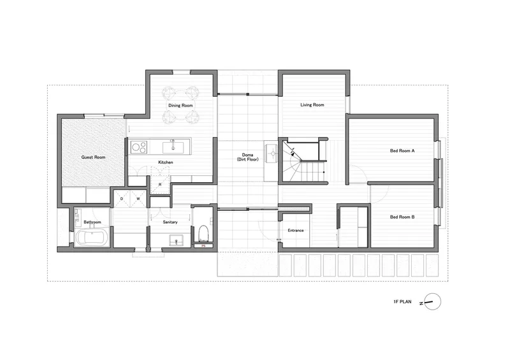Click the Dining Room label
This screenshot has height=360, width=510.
coord(180,105)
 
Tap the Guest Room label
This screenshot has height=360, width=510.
coord(93,157)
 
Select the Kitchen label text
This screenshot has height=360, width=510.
coord(166,162)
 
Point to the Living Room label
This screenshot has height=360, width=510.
coord(312,104)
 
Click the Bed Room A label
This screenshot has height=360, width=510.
coord(402,150)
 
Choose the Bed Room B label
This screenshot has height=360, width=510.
coord(402,217)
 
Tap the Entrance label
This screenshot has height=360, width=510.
coord(296,230)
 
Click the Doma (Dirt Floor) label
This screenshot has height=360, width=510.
coord(247,157)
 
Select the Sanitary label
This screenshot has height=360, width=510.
coord(170,222)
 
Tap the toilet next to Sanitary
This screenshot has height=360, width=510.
coord(203,232)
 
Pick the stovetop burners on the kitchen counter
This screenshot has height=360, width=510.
coord(139,147)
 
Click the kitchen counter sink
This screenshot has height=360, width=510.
coord(173,147)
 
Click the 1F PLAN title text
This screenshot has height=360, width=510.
coord(402,302)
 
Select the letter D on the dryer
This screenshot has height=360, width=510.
coord(122,199)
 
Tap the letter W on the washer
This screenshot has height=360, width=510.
coord(138,199)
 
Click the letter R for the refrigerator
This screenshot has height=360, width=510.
coord(160,185)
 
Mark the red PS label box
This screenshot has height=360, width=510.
coord(203,246)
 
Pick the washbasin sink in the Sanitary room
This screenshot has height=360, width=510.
coord(177,241)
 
